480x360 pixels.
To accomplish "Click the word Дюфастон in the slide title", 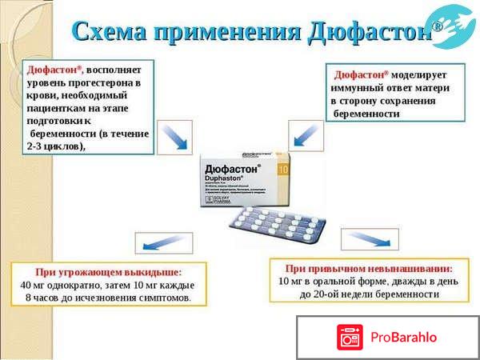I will click(370, 31).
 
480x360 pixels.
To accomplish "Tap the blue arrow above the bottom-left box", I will click(152, 242).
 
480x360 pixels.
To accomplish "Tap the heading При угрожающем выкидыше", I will click(108, 272).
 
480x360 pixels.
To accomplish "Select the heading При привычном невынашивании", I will click(370, 269).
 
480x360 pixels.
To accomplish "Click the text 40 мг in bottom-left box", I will click(35, 285).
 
